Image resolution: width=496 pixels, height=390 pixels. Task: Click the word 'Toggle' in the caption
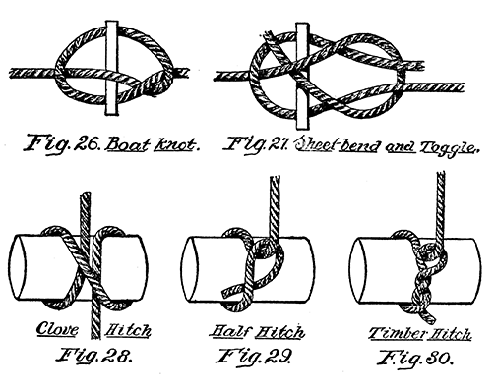pyautogui.click(x=449, y=150)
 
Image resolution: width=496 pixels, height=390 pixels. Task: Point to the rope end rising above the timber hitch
pyautogui.click(x=434, y=201)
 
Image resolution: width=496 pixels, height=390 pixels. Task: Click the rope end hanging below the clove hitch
pyautogui.click(x=92, y=314)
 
